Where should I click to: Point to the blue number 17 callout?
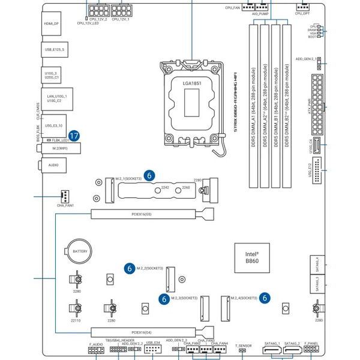[74, 136]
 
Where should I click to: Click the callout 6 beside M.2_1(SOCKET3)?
[150, 175]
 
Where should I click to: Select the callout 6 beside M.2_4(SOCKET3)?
[265, 297]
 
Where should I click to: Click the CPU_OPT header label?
[302, 12]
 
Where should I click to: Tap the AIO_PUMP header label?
[259, 12]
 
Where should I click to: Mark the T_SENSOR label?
[243, 346]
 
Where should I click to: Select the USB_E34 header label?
[152, 343]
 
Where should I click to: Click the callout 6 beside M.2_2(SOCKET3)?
[128, 268]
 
